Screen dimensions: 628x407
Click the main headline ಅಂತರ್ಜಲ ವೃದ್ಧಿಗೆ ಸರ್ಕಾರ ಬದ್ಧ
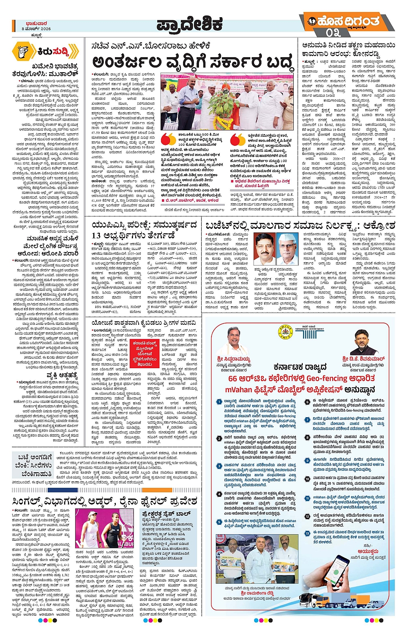(193, 63)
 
